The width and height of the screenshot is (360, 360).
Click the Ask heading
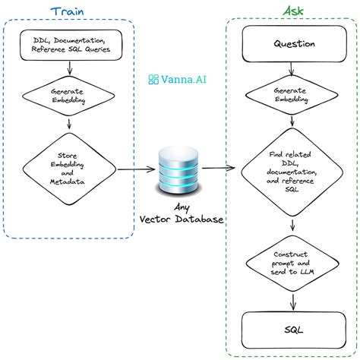[293, 12]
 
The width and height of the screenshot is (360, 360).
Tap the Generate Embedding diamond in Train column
[69, 93]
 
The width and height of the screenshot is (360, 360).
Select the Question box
[293, 43]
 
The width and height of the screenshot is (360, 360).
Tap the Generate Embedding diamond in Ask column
[293, 93]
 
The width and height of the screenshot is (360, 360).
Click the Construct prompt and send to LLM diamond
[293, 261]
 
